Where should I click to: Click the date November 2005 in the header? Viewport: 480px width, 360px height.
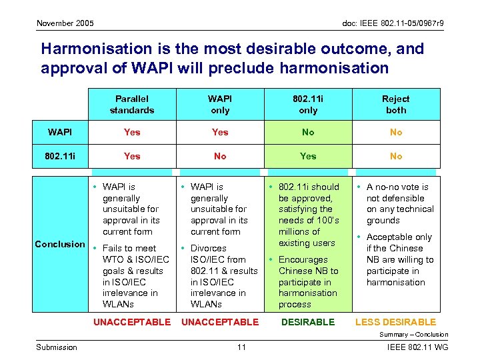tap(65, 23)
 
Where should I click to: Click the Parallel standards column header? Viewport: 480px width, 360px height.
tap(132, 105)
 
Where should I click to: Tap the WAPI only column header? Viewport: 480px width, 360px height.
tap(220, 105)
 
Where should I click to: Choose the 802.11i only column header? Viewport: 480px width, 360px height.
tap(308, 105)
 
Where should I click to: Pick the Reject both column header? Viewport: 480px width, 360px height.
tap(396, 105)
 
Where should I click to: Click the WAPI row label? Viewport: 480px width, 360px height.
tap(60, 132)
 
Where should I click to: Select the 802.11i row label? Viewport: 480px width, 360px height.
tap(60, 156)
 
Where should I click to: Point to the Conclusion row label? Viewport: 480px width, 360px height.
tap(60, 244)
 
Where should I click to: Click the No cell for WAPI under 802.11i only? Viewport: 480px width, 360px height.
tap(308, 132)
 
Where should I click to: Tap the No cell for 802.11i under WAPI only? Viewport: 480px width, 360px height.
tap(220, 156)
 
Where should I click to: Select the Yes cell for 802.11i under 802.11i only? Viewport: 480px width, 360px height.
tap(308, 156)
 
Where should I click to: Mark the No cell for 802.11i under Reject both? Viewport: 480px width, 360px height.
tap(396, 156)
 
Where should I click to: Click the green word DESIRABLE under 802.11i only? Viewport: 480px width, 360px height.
tap(308, 322)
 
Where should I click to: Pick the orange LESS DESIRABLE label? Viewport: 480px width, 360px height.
tap(396, 322)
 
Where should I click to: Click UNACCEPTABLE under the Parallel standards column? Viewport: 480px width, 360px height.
tap(132, 322)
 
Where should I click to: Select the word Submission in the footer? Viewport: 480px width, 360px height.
tap(57, 347)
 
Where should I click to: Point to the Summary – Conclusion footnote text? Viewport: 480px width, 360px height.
tap(414, 335)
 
